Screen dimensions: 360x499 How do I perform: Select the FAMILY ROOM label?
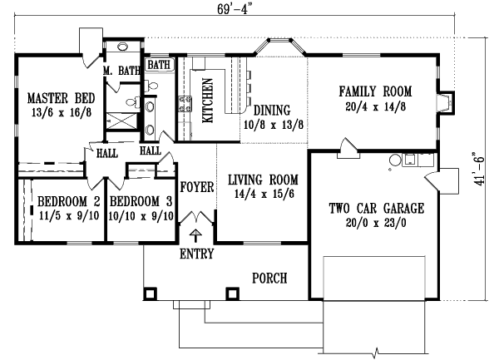(376, 91)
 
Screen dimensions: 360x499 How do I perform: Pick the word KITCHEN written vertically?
(208, 101)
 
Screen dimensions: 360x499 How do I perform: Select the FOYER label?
(197, 187)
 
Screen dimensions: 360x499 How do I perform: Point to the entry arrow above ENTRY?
(196, 236)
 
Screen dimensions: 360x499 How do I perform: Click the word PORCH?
(270, 278)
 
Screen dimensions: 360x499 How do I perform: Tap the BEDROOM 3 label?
(141, 201)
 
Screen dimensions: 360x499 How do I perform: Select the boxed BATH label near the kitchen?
(158, 63)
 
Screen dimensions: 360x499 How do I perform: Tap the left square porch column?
(151, 293)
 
